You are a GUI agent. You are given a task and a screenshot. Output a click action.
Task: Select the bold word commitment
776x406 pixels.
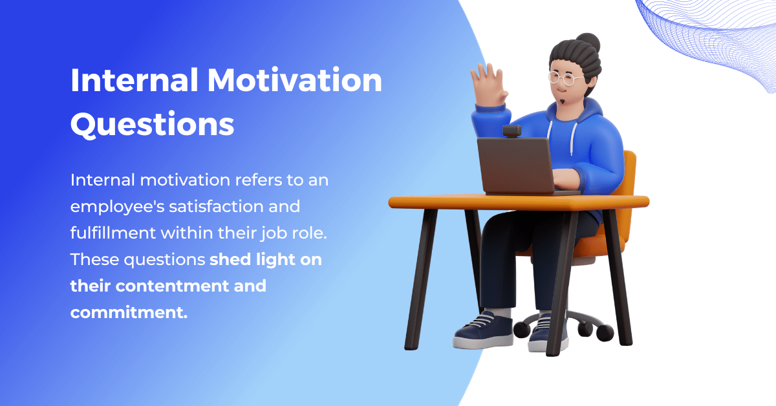tap(129, 312)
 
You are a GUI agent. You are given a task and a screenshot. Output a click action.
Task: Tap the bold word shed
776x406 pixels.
tap(230, 259)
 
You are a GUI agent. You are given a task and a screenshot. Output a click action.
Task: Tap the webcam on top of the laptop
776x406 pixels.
tap(512, 131)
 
